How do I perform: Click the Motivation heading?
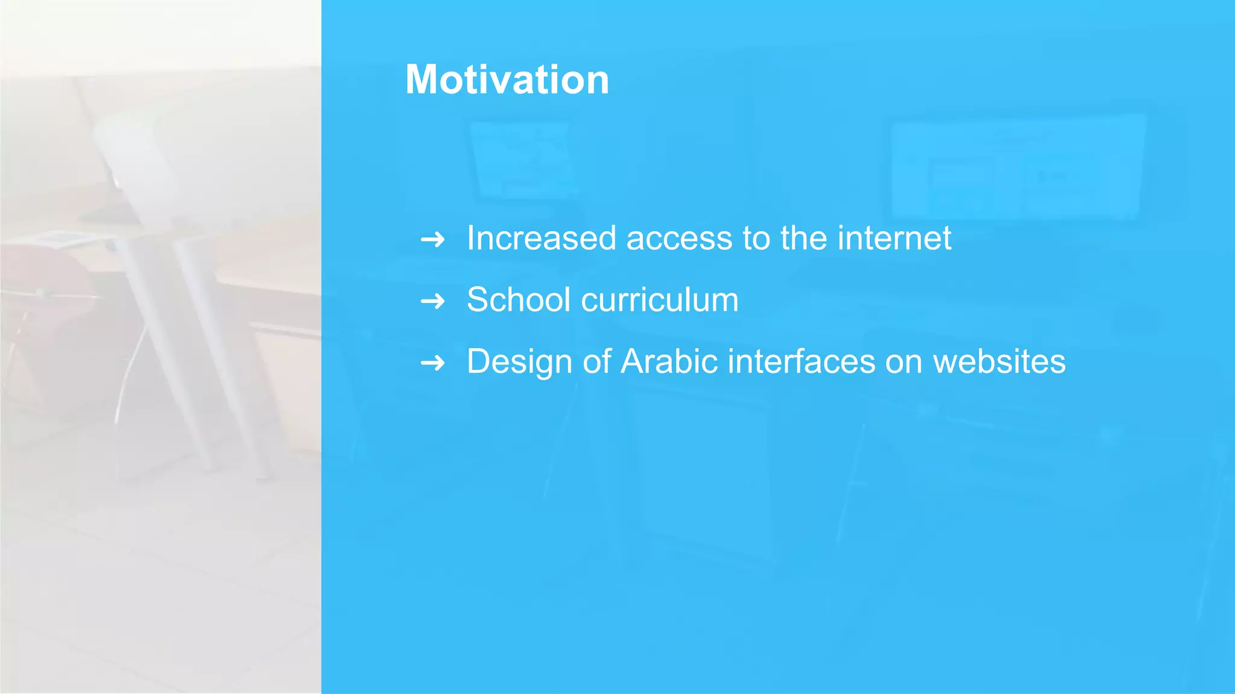coord(507,80)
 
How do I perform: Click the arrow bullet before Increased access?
coord(432,240)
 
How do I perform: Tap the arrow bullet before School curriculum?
coord(432,301)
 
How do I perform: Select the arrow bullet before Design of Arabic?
coord(432,363)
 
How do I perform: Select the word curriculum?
coord(660,299)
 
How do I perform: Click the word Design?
coord(519,362)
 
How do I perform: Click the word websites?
coord(999,361)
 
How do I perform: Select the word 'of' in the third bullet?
coord(596,361)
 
